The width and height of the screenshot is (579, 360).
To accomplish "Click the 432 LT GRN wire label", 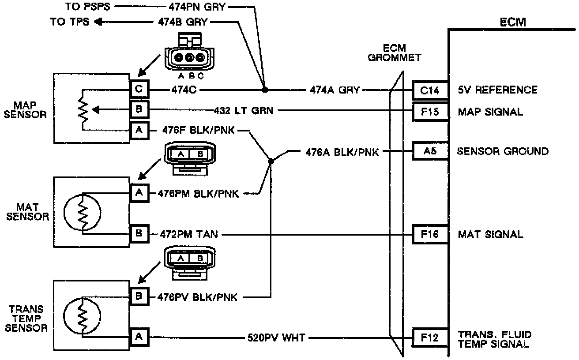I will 243,110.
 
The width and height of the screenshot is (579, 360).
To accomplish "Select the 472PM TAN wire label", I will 188,234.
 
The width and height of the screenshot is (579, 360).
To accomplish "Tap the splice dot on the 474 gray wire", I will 265,90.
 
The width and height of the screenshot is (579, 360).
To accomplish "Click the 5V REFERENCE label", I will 497,90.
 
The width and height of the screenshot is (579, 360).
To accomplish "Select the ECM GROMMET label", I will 395,52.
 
